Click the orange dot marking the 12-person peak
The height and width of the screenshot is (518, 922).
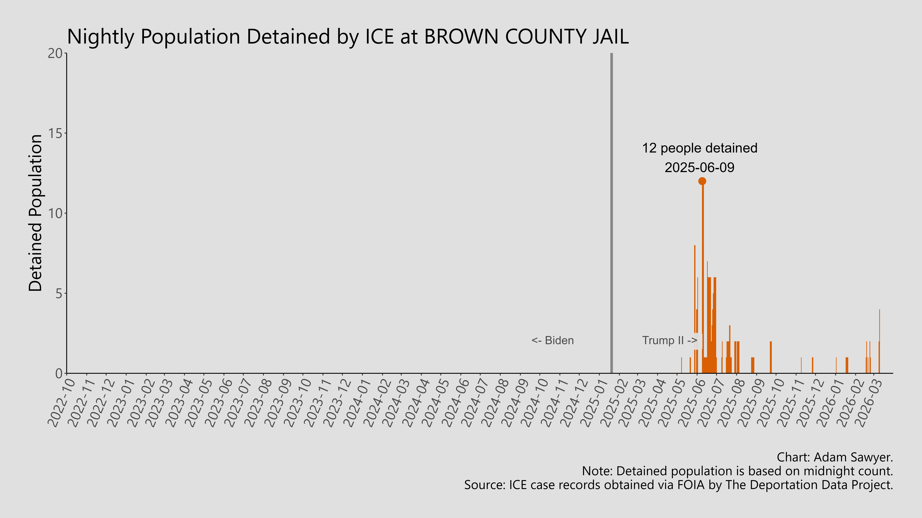(702, 181)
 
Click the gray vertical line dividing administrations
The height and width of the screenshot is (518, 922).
(611, 214)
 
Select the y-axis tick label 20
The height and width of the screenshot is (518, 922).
(55, 54)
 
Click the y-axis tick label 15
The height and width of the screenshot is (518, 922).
(55, 134)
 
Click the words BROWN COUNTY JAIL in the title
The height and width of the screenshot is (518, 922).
(526, 36)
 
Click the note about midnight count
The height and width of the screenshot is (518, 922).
(737, 471)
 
